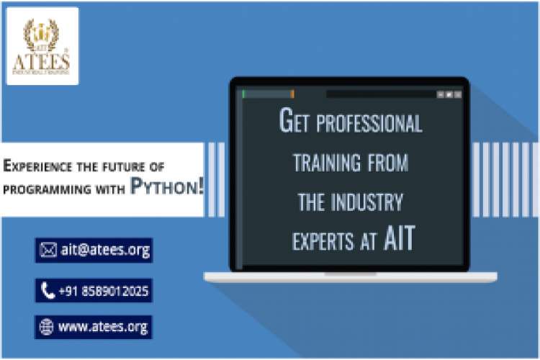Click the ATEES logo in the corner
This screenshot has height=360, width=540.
pyautogui.click(x=42, y=45)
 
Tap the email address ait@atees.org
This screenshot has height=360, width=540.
pyautogui.click(x=104, y=250)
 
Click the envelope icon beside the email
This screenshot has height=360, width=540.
pyautogui.click(x=48, y=250)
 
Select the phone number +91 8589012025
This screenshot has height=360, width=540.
pyautogui.click(x=104, y=290)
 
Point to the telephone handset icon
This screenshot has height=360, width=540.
pyautogui.click(x=48, y=290)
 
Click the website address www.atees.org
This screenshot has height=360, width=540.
pyautogui.click(x=103, y=326)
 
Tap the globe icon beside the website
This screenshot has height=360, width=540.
pyautogui.click(x=47, y=327)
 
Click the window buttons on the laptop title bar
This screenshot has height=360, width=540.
pyautogui.click(x=449, y=94)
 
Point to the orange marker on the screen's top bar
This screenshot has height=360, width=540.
pyautogui.click(x=292, y=94)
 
